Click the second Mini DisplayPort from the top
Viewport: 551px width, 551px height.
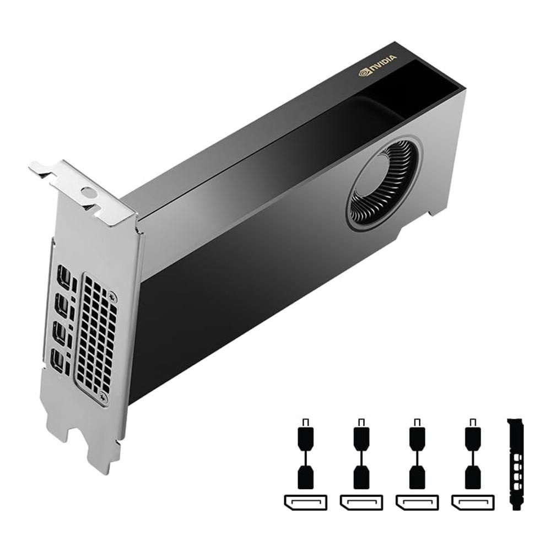coord(62,305)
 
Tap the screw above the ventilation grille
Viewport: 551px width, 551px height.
coord(113,296)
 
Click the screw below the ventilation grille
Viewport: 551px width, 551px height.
coord(104,395)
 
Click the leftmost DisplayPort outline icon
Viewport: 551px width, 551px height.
coord(305,502)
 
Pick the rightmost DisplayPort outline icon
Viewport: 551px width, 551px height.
coord(472,502)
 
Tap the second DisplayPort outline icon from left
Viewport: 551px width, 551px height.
coord(361,502)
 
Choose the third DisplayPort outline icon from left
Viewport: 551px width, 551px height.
coord(417,502)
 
